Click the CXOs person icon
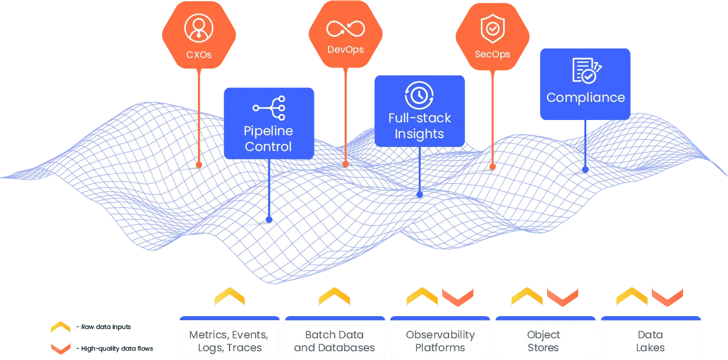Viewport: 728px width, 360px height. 199,28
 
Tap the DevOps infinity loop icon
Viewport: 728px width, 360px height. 346,29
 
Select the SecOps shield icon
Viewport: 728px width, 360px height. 493,29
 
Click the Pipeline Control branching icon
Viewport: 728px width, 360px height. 269,108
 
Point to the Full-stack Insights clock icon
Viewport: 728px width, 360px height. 419,95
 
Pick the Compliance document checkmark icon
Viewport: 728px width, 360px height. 587,70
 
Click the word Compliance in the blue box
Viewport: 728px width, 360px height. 586,98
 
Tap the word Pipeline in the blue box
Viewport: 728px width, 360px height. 268,131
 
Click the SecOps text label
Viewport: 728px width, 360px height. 493,54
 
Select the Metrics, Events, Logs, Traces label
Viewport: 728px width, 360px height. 229,341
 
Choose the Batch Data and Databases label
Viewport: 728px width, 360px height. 334,341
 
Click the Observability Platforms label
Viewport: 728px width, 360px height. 440,341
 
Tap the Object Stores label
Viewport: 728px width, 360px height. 544,341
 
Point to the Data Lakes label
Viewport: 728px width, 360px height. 650,341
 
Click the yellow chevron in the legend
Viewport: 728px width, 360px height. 60,326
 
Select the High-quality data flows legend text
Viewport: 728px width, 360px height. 117,349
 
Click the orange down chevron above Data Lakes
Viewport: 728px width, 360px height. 667,297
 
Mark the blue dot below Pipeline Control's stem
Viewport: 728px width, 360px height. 269,220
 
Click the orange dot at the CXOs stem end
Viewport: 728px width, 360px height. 199,164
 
